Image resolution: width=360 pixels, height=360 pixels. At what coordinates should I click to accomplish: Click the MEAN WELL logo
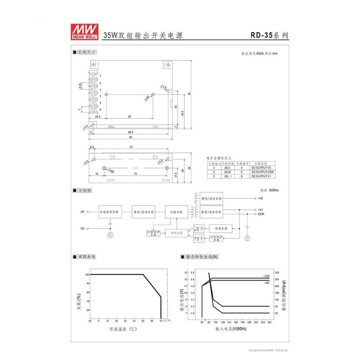tap(85, 32)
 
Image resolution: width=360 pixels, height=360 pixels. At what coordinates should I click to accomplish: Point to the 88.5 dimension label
tap(130, 132)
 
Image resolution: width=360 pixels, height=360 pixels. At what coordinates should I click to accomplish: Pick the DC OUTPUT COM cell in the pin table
tap(262, 172)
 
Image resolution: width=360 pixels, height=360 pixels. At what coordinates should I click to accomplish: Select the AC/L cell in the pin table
tap(227, 168)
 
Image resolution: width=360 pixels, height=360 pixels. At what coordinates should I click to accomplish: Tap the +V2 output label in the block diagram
tap(261, 198)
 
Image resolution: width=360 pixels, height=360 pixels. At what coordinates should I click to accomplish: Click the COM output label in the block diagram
tap(261, 214)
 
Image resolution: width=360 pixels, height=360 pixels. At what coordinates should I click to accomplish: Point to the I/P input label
tap(82, 212)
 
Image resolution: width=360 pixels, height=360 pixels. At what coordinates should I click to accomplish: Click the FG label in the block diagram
tap(82, 229)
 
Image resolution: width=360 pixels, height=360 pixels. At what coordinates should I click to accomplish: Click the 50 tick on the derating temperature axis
tap(143, 321)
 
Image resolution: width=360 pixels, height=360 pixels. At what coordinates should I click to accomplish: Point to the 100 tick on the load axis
tap(87, 274)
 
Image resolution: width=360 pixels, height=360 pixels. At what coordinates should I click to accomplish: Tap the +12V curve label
tap(266, 276)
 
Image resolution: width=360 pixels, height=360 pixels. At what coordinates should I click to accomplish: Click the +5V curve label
tap(267, 283)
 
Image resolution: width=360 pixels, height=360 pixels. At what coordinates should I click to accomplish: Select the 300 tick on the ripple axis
tap(276, 273)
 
